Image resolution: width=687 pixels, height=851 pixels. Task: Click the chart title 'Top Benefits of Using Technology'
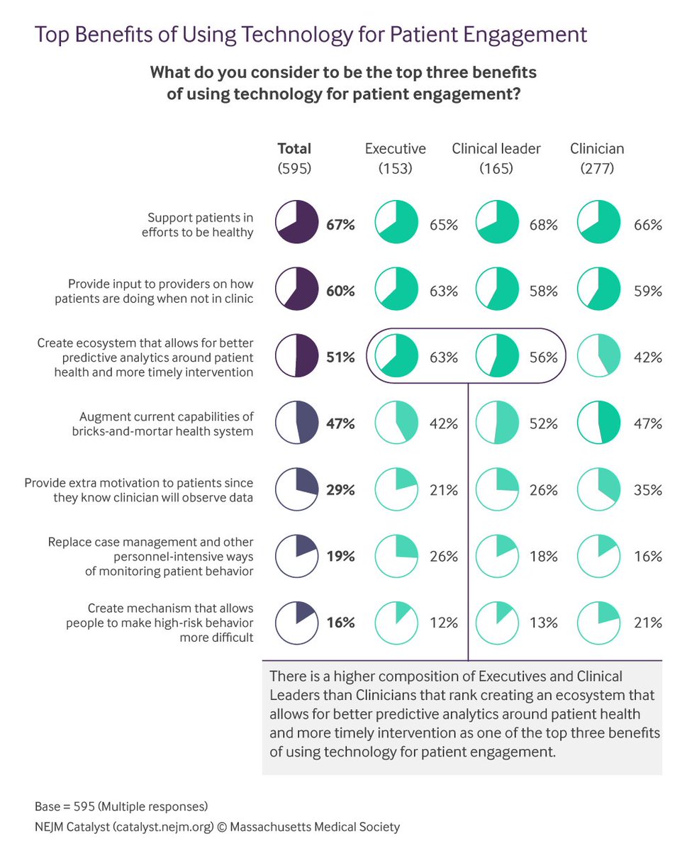pos(311,34)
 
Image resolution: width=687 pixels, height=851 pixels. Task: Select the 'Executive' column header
pos(396,149)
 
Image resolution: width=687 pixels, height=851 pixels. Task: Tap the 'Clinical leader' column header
pos(496,149)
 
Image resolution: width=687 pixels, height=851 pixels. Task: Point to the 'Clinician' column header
pos(597,149)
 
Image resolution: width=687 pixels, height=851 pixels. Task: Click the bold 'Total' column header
pos(294,149)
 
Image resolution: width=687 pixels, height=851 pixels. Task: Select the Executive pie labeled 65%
pos(396,224)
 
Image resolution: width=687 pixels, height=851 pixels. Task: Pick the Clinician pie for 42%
pos(600,357)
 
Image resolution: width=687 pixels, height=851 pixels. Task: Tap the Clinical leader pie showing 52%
pos(497,423)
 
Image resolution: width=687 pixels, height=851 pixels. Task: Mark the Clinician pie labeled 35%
pos(600,490)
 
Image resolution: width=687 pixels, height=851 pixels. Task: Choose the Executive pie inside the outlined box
pos(396,357)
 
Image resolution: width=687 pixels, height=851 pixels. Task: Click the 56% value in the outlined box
pos(543,357)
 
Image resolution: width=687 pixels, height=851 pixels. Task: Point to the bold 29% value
pos(340,490)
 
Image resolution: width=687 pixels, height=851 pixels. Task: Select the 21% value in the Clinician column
pos(647,623)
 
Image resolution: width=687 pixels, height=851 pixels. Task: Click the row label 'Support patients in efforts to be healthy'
pos(200,225)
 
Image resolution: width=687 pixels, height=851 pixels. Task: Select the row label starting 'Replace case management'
pos(150,556)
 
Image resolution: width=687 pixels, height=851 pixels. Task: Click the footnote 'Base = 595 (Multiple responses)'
pos(121,807)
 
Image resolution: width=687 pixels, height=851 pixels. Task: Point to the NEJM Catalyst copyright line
pos(217,827)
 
